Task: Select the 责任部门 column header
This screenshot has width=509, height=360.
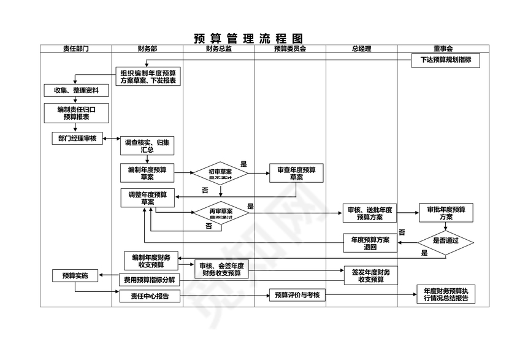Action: click(75, 48)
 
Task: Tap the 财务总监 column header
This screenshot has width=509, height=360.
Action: click(218, 48)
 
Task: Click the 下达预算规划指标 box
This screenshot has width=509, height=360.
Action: click(445, 61)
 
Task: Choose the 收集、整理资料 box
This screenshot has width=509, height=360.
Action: click(76, 91)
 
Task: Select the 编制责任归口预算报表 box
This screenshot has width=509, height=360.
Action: click(76, 113)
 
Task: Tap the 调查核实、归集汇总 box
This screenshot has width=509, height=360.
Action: click(147, 146)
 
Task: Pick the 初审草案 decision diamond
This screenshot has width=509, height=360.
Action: click(220, 174)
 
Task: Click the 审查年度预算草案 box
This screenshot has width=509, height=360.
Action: click(296, 174)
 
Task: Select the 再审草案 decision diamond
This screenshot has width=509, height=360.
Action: click(221, 213)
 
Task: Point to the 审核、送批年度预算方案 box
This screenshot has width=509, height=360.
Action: click(369, 213)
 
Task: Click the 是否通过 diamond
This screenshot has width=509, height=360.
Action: click(446, 241)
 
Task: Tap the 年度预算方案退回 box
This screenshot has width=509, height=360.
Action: click(369, 243)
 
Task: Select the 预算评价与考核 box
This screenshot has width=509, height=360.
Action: click(297, 295)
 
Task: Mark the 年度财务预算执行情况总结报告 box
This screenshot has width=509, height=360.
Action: click(445, 295)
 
